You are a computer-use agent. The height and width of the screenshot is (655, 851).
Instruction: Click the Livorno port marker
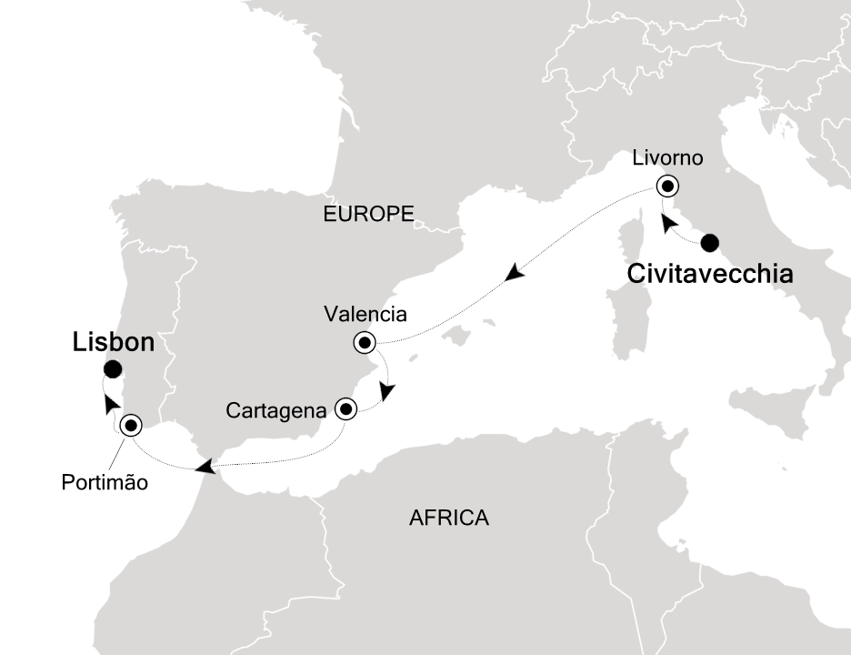pyautogui.click(x=669, y=186)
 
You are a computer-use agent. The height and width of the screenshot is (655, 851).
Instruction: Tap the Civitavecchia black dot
pyautogui.click(x=709, y=242)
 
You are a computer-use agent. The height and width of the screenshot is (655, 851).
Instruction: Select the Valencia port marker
pyautogui.click(x=365, y=343)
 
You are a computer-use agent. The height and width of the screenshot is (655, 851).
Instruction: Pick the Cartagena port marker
pyautogui.click(x=345, y=408)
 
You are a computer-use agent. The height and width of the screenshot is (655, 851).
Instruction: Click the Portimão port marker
pyautogui.click(x=131, y=424)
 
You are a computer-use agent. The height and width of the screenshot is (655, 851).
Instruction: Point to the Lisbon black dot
pyautogui.click(x=113, y=368)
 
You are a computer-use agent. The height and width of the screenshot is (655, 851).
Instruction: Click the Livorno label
pyautogui.click(x=667, y=158)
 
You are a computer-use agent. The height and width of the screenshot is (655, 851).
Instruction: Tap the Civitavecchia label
pyautogui.click(x=710, y=273)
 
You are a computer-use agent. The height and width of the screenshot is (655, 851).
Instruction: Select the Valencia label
pyautogui.click(x=365, y=315)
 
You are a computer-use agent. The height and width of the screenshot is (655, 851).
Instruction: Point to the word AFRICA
pyautogui.click(x=449, y=519)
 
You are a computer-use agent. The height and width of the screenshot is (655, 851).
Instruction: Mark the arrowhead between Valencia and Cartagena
pyautogui.click(x=388, y=391)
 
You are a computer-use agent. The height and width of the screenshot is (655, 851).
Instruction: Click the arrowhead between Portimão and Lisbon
pyautogui.click(x=111, y=404)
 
